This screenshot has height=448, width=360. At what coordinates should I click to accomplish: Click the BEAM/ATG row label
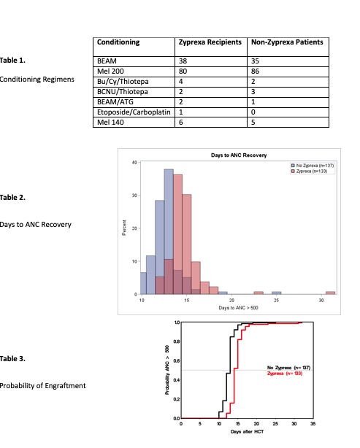coord(116,104)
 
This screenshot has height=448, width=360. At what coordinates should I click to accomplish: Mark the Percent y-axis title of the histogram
coord(124,228)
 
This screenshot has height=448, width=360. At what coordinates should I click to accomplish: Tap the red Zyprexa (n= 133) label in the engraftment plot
coord(289,373)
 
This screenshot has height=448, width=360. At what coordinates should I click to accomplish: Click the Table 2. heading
coord(14,197)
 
